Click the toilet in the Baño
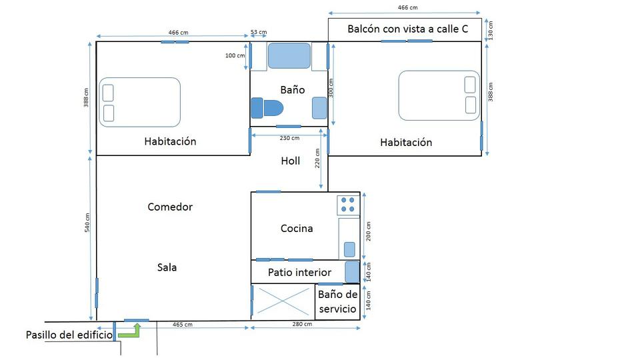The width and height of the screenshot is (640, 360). [267, 108]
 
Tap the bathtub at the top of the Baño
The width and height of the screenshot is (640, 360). [289, 55]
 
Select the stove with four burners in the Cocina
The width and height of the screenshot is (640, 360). [348, 205]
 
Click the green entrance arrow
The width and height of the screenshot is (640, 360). [131, 331]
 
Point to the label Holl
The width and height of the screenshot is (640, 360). [291, 161]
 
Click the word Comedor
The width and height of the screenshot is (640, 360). [170, 207]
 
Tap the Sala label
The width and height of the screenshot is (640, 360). [167, 267]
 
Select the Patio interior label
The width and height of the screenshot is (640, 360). [299, 272]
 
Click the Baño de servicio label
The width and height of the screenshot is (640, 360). [337, 301]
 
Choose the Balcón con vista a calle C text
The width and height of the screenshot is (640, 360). [408, 29]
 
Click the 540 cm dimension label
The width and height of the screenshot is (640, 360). [87, 223]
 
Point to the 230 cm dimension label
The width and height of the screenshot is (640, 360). [289, 138]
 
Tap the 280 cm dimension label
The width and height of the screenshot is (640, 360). [303, 324]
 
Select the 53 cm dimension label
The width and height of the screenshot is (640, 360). [259, 32]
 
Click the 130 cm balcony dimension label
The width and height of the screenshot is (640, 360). [491, 31]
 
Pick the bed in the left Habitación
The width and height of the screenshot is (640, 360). [139, 103]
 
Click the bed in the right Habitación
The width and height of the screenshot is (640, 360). [439, 95]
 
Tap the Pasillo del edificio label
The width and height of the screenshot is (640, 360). [69, 335]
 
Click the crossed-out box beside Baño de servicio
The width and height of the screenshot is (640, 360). [284, 301]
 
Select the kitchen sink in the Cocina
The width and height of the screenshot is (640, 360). [349, 249]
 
